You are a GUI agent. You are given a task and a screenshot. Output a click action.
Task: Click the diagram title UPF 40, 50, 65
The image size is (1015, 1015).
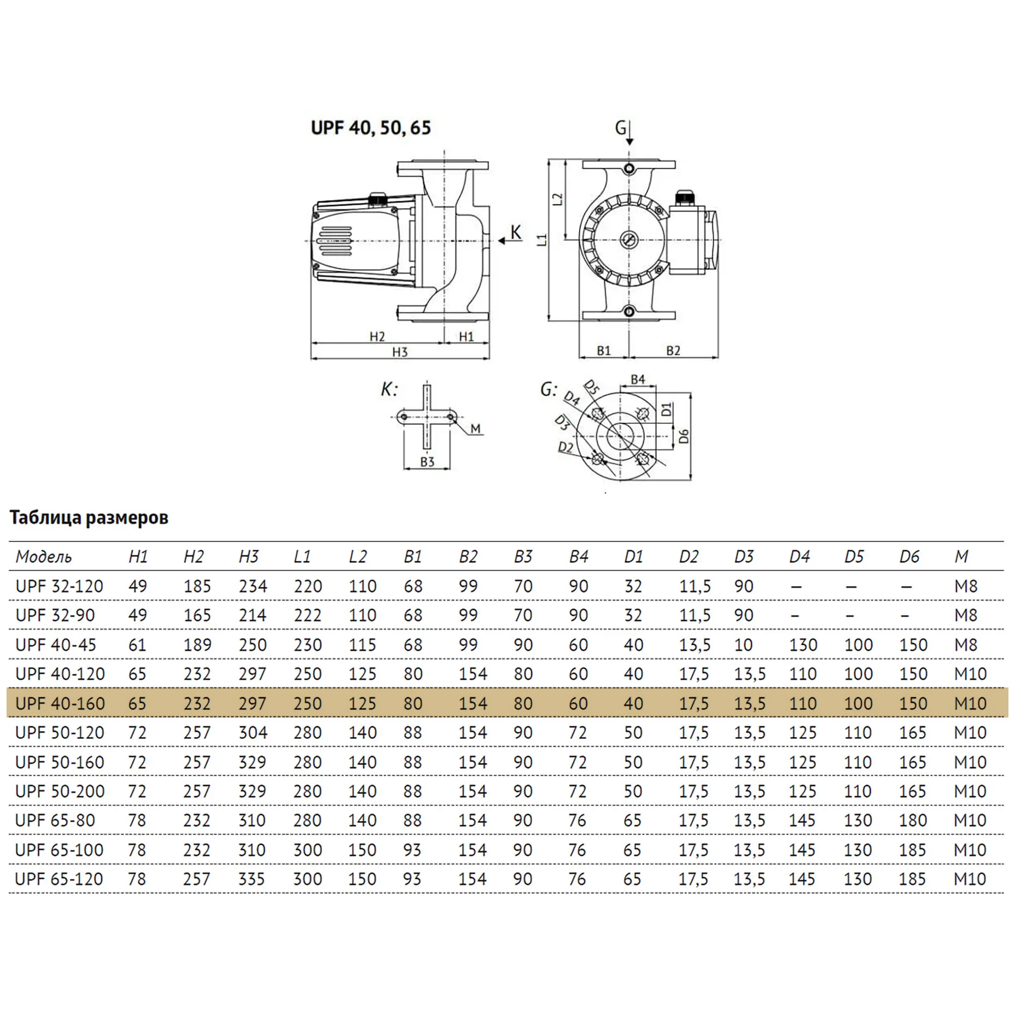(371, 128)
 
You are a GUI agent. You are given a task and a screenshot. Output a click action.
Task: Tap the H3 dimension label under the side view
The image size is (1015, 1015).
(400, 352)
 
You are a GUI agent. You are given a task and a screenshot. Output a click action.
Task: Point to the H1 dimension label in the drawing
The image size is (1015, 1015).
(466, 337)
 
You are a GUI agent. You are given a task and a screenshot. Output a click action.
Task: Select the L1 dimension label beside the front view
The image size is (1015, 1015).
(542, 240)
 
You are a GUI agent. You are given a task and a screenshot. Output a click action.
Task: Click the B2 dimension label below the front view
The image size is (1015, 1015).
(673, 351)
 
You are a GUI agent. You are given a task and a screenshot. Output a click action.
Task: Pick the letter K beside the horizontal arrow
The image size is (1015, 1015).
(516, 232)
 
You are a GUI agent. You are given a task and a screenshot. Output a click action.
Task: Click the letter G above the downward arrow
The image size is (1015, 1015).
(620, 127)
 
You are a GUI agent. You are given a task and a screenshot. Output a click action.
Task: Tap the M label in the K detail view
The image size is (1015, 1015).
(475, 429)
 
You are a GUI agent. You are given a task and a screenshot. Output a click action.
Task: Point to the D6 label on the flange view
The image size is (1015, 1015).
(684, 436)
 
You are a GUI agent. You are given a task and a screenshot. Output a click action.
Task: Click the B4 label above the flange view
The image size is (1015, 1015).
(638, 379)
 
